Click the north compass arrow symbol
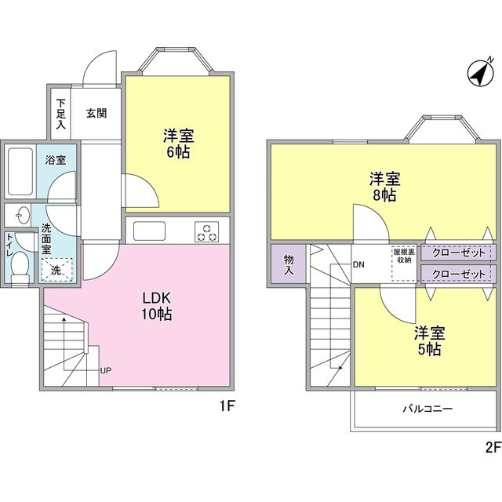[477, 74]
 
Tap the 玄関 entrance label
[96, 113]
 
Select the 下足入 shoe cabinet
[61, 113]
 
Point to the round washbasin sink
[20, 215]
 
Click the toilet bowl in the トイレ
[20, 267]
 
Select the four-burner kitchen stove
[208, 231]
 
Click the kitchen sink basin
[148, 231]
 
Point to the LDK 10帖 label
[157, 306]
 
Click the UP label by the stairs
[104, 370]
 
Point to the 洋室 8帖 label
[383, 187]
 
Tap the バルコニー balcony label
[427, 409]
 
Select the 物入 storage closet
[288, 264]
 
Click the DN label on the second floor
[358, 264]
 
